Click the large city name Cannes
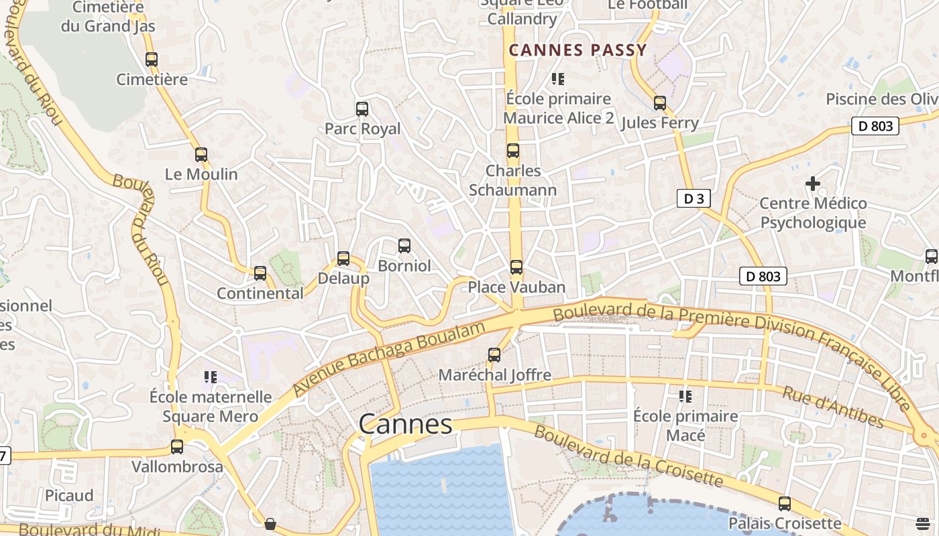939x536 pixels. click(x=405, y=424)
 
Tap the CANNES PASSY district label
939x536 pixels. click(x=577, y=50)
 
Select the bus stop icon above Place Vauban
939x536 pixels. click(x=516, y=267)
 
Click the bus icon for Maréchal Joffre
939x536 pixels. click(x=494, y=355)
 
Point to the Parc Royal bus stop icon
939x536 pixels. click(x=362, y=109)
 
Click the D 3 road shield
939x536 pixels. click(x=693, y=198)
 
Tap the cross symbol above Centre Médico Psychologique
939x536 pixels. click(x=813, y=183)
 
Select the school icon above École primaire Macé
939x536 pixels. click(x=685, y=397)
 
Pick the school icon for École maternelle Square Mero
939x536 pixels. click(x=211, y=377)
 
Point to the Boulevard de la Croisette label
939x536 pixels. click(x=628, y=456)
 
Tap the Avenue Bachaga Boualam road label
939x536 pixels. click(x=389, y=358)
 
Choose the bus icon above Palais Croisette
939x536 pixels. click(x=785, y=503)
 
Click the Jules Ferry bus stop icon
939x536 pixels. click(x=660, y=103)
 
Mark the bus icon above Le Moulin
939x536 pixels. click(x=201, y=155)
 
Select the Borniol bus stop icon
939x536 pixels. click(x=404, y=246)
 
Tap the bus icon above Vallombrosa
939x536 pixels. click(x=177, y=447)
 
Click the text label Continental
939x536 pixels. click(x=260, y=293)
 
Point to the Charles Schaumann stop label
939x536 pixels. click(x=513, y=180)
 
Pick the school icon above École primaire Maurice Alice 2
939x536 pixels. click(x=557, y=79)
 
